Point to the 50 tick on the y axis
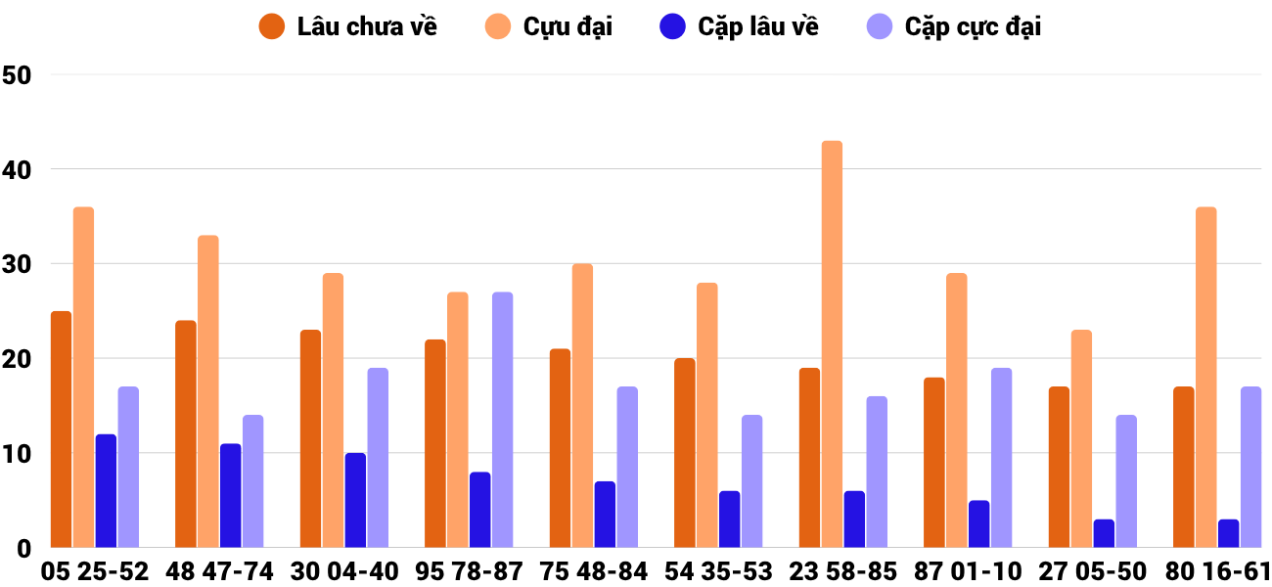[x=18, y=75]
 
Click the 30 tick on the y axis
[x=18, y=265]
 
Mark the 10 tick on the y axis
[x=18, y=455]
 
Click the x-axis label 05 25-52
[x=95, y=571]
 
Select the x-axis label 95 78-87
[x=470, y=571]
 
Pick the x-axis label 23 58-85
[x=843, y=571]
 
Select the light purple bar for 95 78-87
[x=502, y=420]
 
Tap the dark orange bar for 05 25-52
[x=62, y=429]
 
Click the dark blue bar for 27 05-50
[x=1104, y=533]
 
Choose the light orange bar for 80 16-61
[x=1206, y=378]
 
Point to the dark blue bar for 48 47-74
[x=231, y=496]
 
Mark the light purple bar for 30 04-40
[x=378, y=458]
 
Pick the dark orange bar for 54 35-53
[x=685, y=453]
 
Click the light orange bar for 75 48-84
[x=582, y=406]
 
